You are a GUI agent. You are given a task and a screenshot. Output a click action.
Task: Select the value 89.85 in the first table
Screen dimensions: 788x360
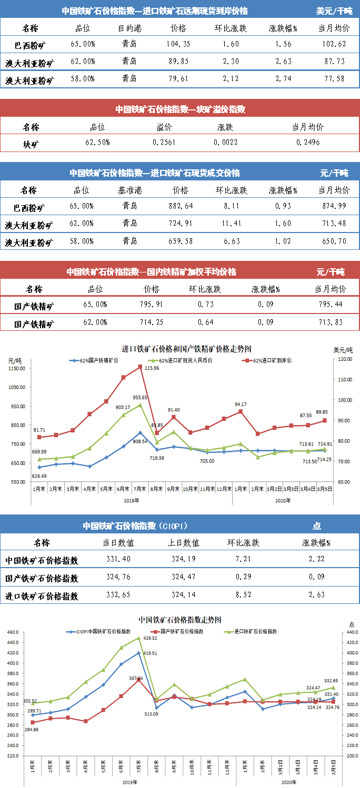pos(178,62)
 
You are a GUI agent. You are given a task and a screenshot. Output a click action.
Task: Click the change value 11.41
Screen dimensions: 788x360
pos(231,223)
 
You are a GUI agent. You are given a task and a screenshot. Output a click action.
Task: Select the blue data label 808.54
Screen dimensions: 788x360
pos(140,442)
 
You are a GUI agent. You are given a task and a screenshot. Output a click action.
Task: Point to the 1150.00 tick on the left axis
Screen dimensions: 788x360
pos(17,369)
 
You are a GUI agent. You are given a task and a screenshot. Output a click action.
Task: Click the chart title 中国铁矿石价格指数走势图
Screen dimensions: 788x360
pos(179,620)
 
